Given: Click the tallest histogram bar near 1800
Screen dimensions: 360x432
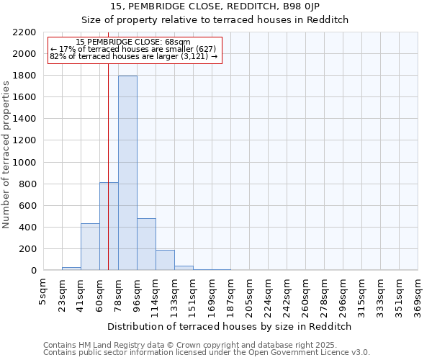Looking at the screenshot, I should (x=127, y=173).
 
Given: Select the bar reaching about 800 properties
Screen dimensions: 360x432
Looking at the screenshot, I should (x=109, y=226).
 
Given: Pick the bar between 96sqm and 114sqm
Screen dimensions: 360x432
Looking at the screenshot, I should (x=146, y=244).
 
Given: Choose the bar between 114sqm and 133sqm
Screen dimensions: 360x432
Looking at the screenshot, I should (x=165, y=260).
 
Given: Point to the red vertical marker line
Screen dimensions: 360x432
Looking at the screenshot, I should (x=108, y=144).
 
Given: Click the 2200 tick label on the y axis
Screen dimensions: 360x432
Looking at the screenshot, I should (x=24, y=32).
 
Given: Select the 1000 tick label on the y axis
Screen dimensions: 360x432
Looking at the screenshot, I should (x=24, y=162).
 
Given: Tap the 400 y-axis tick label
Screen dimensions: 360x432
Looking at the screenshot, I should (x=27, y=228).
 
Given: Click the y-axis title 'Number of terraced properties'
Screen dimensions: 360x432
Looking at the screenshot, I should (x=7, y=155).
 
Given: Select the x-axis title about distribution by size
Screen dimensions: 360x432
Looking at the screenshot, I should (x=230, y=326).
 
